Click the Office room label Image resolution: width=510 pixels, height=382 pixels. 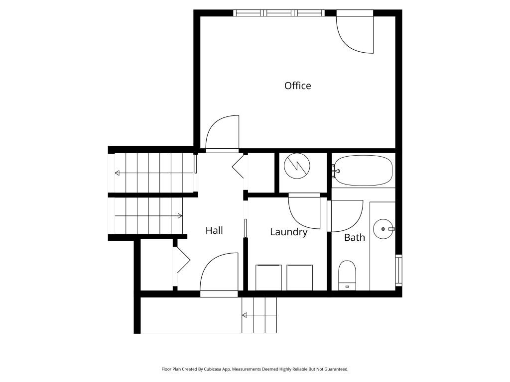[x=297, y=86]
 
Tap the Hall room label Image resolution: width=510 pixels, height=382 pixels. [x=214, y=230]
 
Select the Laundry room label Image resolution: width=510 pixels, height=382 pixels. [x=288, y=232]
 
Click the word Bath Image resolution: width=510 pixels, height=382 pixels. [x=354, y=237]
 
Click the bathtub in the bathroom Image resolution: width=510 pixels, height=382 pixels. [x=363, y=171]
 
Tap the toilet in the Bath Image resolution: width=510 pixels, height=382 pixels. [x=347, y=275]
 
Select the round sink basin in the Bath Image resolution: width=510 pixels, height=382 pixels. [x=383, y=229]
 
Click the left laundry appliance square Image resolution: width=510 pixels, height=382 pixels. [x=268, y=278]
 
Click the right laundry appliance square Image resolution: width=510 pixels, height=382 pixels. [x=300, y=278]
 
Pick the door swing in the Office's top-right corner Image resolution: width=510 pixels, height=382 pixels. [x=356, y=35]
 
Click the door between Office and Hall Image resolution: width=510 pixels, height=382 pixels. [x=223, y=134]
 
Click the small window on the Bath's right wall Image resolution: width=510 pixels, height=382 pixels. [x=398, y=270]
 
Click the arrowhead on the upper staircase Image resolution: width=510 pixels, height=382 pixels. [x=118, y=173]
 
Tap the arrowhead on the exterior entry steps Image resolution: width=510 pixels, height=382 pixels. [x=245, y=315]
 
